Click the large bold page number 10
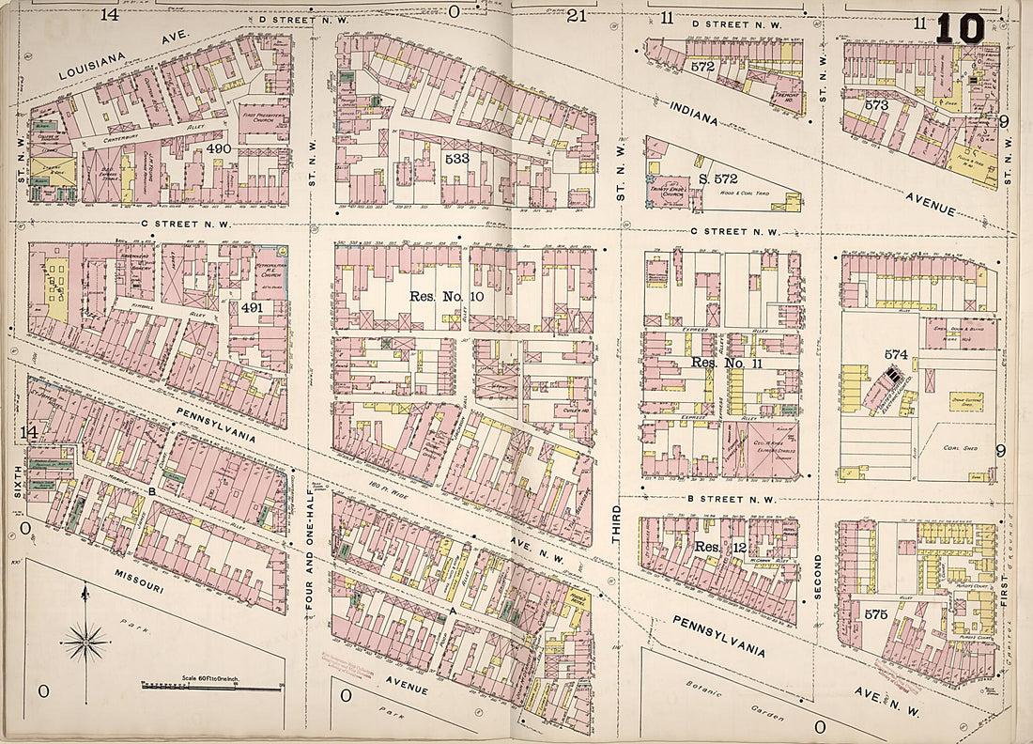[x=961, y=28]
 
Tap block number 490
[x=218, y=148]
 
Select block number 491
[x=252, y=307]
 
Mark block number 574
[x=895, y=354]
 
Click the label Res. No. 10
[x=446, y=295]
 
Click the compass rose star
[x=85, y=643]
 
